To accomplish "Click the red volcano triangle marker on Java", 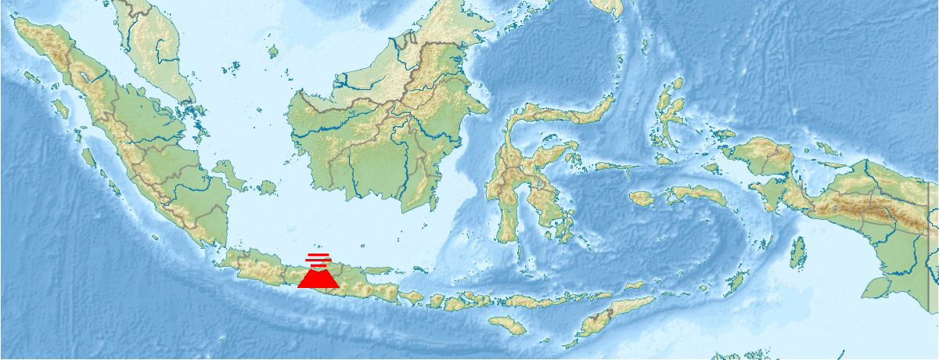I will pos(318,278).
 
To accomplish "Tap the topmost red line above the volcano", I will pos(318,255).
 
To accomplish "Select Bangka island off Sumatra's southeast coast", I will pos(229,174).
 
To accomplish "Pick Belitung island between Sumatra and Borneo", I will pos(268,188).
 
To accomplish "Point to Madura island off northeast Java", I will pos(377,272).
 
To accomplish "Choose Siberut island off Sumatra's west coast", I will pos(88,157).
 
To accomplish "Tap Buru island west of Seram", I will pos(642,198).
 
